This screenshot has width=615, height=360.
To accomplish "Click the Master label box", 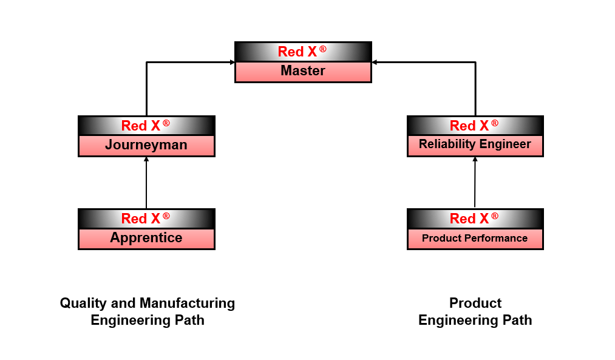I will tap(303, 72).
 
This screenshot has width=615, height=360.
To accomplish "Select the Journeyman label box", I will tap(146, 146).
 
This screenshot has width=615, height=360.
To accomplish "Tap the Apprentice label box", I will tap(146, 239).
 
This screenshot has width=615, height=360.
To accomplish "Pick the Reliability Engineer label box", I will tap(475, 145).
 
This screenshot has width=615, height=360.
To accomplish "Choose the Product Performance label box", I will tap(475, 239).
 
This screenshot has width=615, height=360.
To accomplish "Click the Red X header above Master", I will tap(303, 52).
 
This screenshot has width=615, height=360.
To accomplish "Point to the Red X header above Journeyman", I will tap(146, 126).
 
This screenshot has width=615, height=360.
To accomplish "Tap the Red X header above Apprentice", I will tap(146, 219).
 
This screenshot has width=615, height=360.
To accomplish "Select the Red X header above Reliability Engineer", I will tap(475, 126).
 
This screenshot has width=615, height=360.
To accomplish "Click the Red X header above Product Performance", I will tap(475, 219).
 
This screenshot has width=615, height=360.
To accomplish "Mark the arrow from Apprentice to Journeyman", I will tap(146, 182).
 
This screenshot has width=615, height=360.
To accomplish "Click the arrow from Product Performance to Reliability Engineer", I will tap(475, 182).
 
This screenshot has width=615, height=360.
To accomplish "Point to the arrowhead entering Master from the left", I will tap(232, 62).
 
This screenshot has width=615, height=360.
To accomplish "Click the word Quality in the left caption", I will tap(82, 303).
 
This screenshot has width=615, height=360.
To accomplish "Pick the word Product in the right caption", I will tap(475, 303).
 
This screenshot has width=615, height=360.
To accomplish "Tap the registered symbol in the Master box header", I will tap(322, 48).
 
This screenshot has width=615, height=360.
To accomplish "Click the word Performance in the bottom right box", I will tap(495, 239).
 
